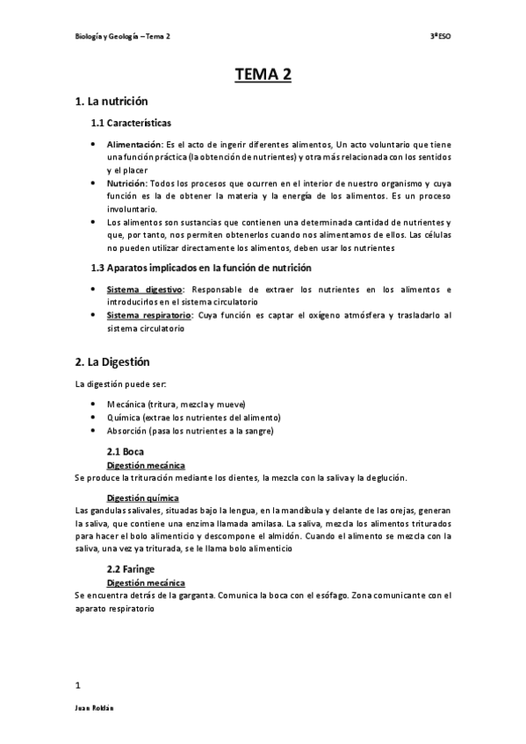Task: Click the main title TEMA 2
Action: pyautogui.click(x=263, y=75)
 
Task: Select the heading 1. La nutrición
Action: pyautogui.click(x=112, y=102)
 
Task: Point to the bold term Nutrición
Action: pyautogui.click(x=127, y=183)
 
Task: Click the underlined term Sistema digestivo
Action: pyautogui.click(x=143, y=289)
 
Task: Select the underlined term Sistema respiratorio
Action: pyautogui.click(x=149, y=315)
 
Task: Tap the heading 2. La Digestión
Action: pyautogui.click(x=114, y=361)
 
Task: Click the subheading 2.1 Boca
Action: pyautogui.click(x=126, y=451)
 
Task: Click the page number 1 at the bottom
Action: pyautogui.click(x=78, y=684)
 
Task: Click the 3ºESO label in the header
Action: pyautogui.click(x=440, y=37)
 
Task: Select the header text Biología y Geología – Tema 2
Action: pyautogui.click(x=121, y=37)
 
